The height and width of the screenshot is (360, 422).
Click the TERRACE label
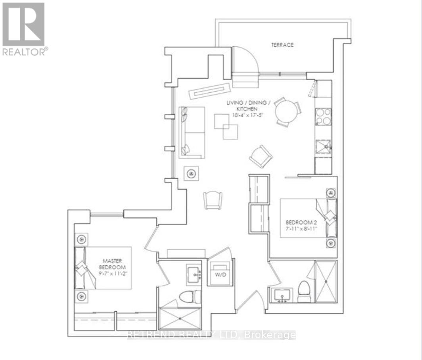click(x=282, y=45)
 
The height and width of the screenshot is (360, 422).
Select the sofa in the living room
click(x=192, y=132)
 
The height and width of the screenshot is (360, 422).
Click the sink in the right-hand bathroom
click(x=282, y=295)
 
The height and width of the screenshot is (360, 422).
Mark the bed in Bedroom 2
click(x=308, y=217)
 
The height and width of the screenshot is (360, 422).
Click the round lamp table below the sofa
click(x=191, y=174)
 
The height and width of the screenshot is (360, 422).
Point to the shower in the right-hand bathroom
click(x=325, y=281)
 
